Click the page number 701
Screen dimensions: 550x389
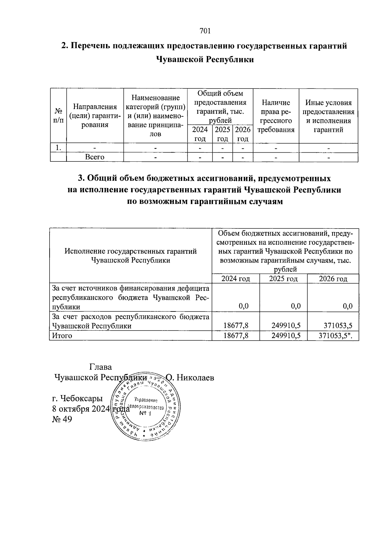205,31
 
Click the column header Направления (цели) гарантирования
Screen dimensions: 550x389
95,116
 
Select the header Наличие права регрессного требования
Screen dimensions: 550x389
276,116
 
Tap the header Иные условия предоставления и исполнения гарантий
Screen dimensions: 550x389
328,116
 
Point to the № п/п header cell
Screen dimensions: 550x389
58,115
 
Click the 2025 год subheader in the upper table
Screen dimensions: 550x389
222,134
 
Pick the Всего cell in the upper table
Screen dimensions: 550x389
95,157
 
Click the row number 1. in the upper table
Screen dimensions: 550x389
58,148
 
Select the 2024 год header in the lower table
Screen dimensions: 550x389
235,279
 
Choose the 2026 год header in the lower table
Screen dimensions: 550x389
333,279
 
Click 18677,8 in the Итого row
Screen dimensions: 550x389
236,336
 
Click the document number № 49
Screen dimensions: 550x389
62,419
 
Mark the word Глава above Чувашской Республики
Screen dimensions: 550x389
100,367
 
